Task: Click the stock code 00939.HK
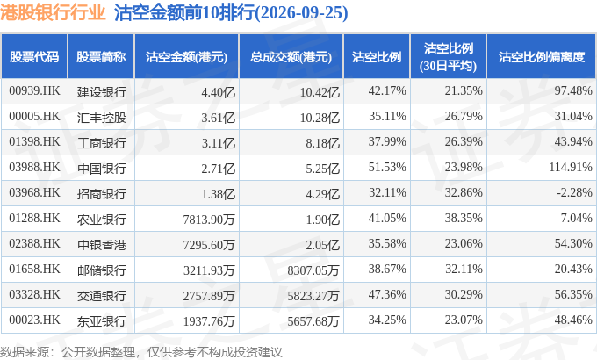[x=34, y=91]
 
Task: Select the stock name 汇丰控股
[x=101, y=118]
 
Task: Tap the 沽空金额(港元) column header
[x=186, y=57]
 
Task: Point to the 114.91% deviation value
[x=571, y=167]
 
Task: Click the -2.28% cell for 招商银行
[x=574, y=192]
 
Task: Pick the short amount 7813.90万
[x=209, y=219]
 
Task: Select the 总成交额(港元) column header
[x=291, y=57]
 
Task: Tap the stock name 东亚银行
[x=101, y=321]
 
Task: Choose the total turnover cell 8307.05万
[x=313, y=270]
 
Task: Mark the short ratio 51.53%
[x=387, y=167]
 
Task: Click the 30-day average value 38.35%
[x=464, y=218]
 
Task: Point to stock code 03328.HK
[x=34, y=294]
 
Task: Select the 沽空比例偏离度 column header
[x=542, y=57]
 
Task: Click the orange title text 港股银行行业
[x=53, y=12]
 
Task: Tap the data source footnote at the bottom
[x=140, y=352]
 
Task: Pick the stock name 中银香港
[x=101, y=245]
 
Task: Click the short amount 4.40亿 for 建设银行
[x=218, y=92]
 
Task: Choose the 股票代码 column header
[x=34, y=57]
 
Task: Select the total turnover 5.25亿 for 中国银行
[x=322, y=169]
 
